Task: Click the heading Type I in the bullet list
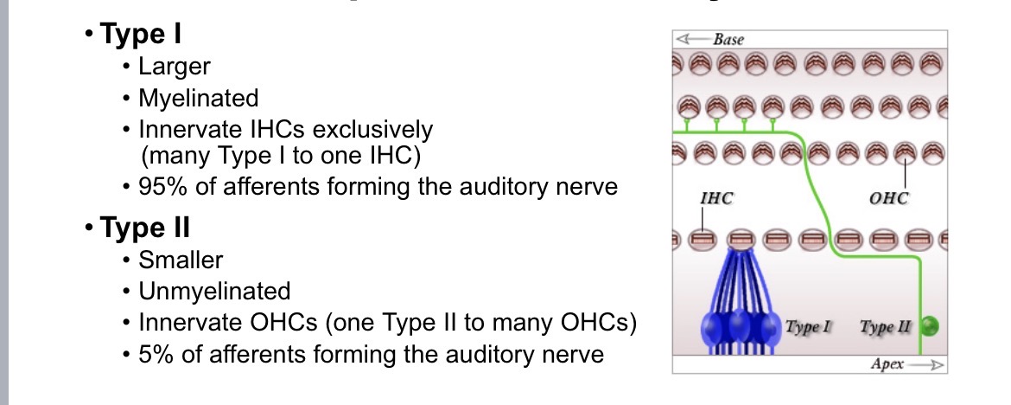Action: (x=140, y=35)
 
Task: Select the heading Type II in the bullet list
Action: (x=144, y=228)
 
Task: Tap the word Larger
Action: (x=175, y=67)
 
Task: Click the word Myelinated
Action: (x=198, y=99)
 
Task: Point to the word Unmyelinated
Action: (x=214, y=291)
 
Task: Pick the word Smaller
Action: (x=181, y=260)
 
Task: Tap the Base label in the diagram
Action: (x=728, y=40)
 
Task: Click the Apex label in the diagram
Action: (x=887, y=364)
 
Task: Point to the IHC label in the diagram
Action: (x=716, y=199)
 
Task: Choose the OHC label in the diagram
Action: (x=889, y=199)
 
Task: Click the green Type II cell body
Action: (x=928, y=327)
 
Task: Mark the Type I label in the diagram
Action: (x=809, y=327)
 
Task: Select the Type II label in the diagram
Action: (x=887, y=327)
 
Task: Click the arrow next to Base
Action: (x=693, y=40)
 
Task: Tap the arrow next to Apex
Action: (x=925, y=365)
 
